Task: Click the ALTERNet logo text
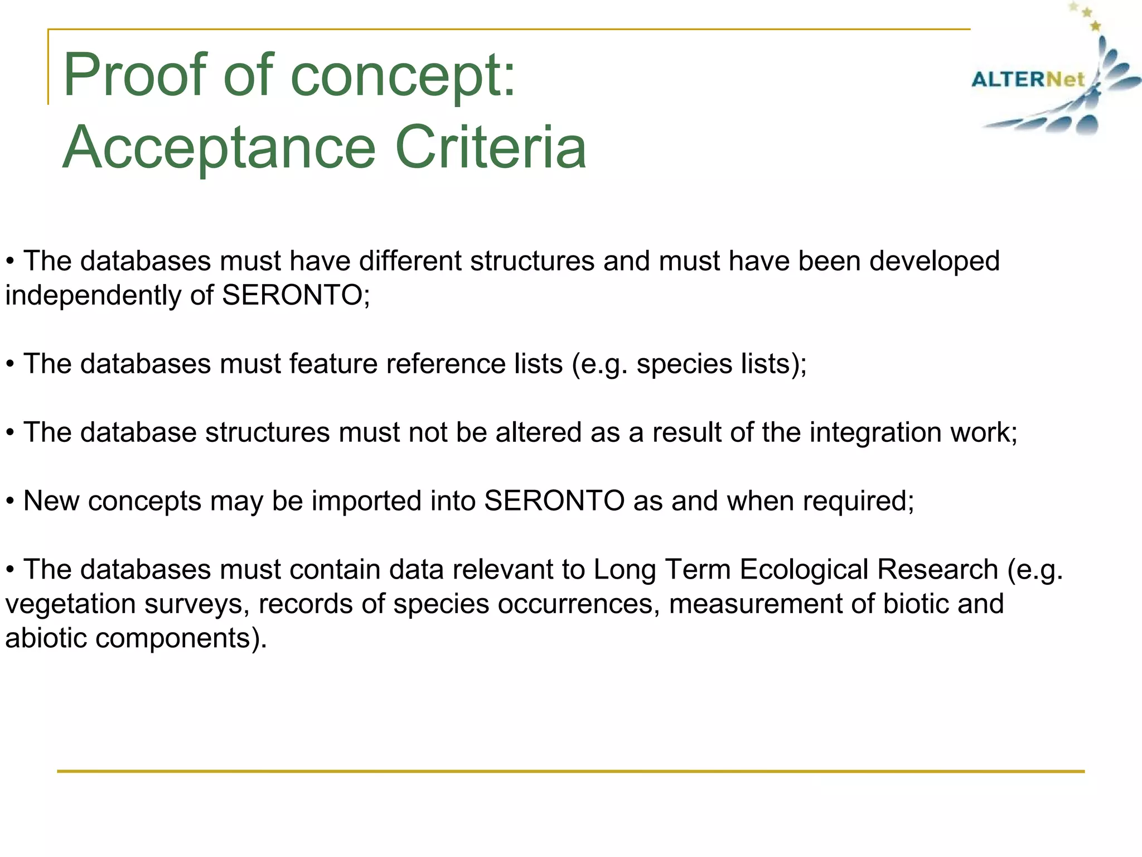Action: coord(1028,79)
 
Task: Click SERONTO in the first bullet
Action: coord(292,295)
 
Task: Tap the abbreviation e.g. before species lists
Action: coord(604,365)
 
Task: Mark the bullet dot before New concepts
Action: coord(10,502)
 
